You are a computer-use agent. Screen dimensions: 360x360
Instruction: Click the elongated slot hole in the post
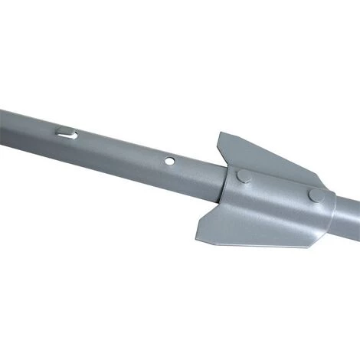point(67,134)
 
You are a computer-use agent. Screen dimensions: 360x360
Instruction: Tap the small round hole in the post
point(169,162)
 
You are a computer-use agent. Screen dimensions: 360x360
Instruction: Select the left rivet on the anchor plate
point(243,176)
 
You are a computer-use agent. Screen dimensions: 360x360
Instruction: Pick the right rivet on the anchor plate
point(315,195)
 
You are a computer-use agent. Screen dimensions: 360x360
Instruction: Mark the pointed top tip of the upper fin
point(223,134)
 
